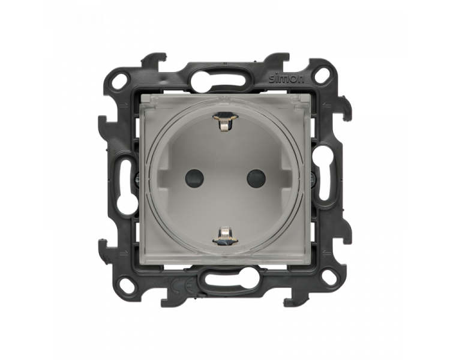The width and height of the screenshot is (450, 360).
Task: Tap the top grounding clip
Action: click(x=225, y=122)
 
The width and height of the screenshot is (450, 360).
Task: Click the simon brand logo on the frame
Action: click(x=286, y=79)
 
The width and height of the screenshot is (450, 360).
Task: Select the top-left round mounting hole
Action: click(x=120, y=77)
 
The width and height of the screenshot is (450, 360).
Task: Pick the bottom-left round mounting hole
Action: click(x=127, y=286)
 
